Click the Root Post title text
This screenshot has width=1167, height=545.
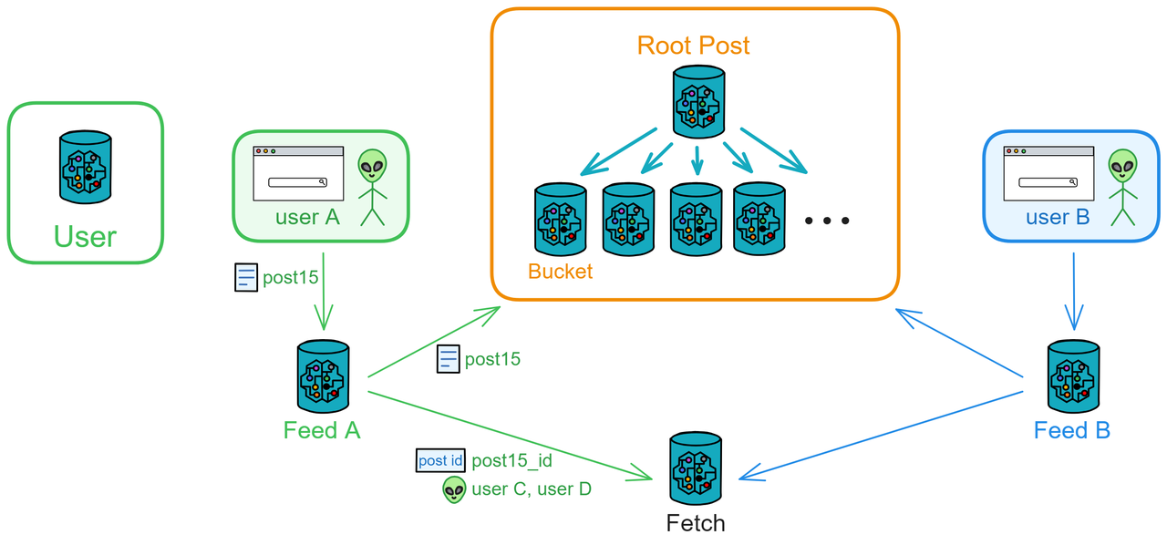[x=694, y=46]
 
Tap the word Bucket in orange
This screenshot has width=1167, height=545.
[x=560, y=271]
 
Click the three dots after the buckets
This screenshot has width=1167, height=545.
[x=828, y=221]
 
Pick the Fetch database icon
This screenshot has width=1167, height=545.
[x=696, y=468]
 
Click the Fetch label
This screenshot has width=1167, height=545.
[x=696, y=523]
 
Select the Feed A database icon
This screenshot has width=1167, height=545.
[x=323, y=376]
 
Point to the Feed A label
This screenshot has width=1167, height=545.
[x=322, y=430]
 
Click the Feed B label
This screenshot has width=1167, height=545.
[x=1072, y=430]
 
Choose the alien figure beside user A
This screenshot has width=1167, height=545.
[x=372, y=186]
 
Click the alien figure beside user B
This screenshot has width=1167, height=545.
[x=1122, y=186]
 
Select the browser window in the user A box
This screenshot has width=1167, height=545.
[x=298, y=173]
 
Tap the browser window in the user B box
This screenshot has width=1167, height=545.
[x=1048, y=173]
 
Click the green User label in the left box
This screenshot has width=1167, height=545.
[x=85, y=237]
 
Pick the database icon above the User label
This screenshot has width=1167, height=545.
[x=86, y=166]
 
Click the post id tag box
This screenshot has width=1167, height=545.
[x=440, y=460]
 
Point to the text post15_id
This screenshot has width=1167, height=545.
[x=511, y=461]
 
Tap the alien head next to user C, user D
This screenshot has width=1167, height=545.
[x=454, y=489]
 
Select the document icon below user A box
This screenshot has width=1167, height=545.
[x=246, y=277]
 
